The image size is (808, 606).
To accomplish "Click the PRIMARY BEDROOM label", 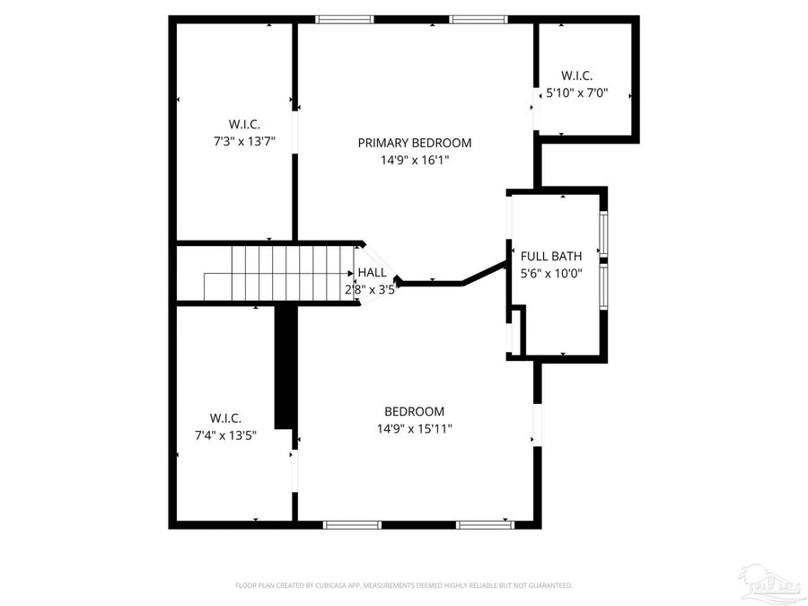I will click(414, 143).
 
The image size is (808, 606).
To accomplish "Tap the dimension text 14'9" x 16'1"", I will click(414, 161).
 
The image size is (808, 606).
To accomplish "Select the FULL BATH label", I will click(551, 256).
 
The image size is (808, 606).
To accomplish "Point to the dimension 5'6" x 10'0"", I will click(551, 274).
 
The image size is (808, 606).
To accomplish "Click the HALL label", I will click(372, 272).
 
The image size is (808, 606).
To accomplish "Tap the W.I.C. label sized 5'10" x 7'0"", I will click(576, 75).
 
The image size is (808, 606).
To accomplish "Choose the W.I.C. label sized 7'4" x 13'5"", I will click(225, 418).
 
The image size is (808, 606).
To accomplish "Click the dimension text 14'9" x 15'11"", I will click(414, 429).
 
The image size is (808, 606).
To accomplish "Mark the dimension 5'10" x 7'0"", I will click(577, 92).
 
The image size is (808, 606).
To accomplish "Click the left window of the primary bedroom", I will click(345, 19).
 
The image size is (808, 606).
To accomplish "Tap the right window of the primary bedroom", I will click(478, 19).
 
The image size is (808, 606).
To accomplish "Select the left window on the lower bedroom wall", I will click(351, 524).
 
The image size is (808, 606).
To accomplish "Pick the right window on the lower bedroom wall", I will click(485, 524).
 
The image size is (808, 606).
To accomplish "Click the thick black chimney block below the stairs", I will click(285, 368).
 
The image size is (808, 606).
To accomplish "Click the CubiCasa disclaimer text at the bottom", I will click(403, 585).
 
